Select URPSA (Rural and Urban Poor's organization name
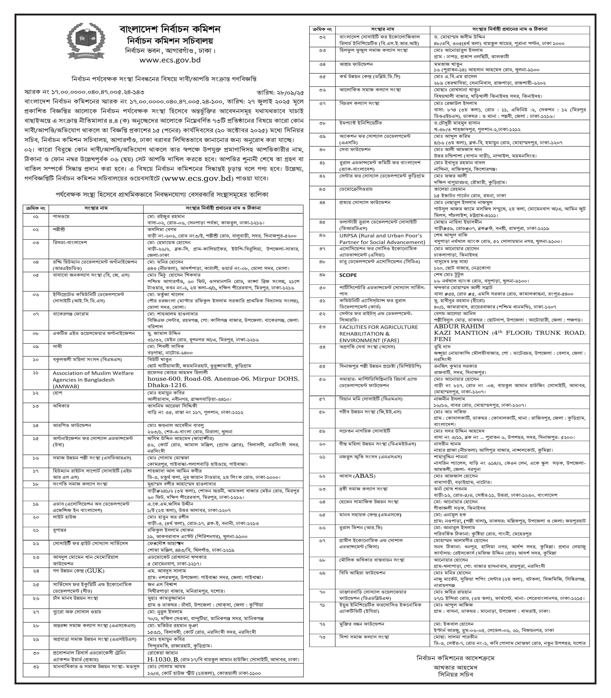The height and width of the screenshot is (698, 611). coord(380,236)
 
